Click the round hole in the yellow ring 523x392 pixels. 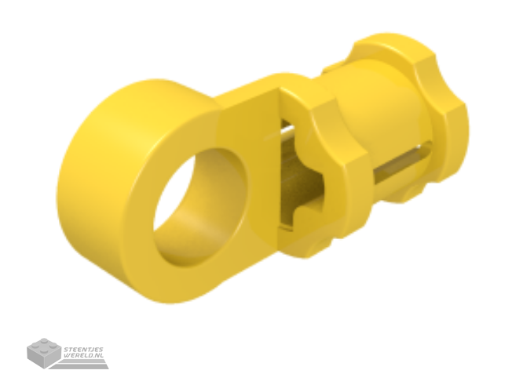coord(200,206)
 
